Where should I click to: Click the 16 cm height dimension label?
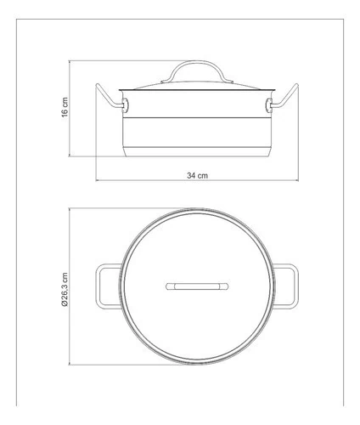pyautogui.click(x=65, y=107)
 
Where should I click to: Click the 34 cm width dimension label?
pyautogui.click(x=197, y=175)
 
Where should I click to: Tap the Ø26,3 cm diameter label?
pyautogui.click(x=65, y=289)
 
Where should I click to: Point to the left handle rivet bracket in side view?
pyautogui.click(x=125, y=105)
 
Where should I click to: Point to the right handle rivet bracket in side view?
pyautogui.click(x=269, y=105)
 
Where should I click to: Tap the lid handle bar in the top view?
pyautogui.click(x=197, y=286)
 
